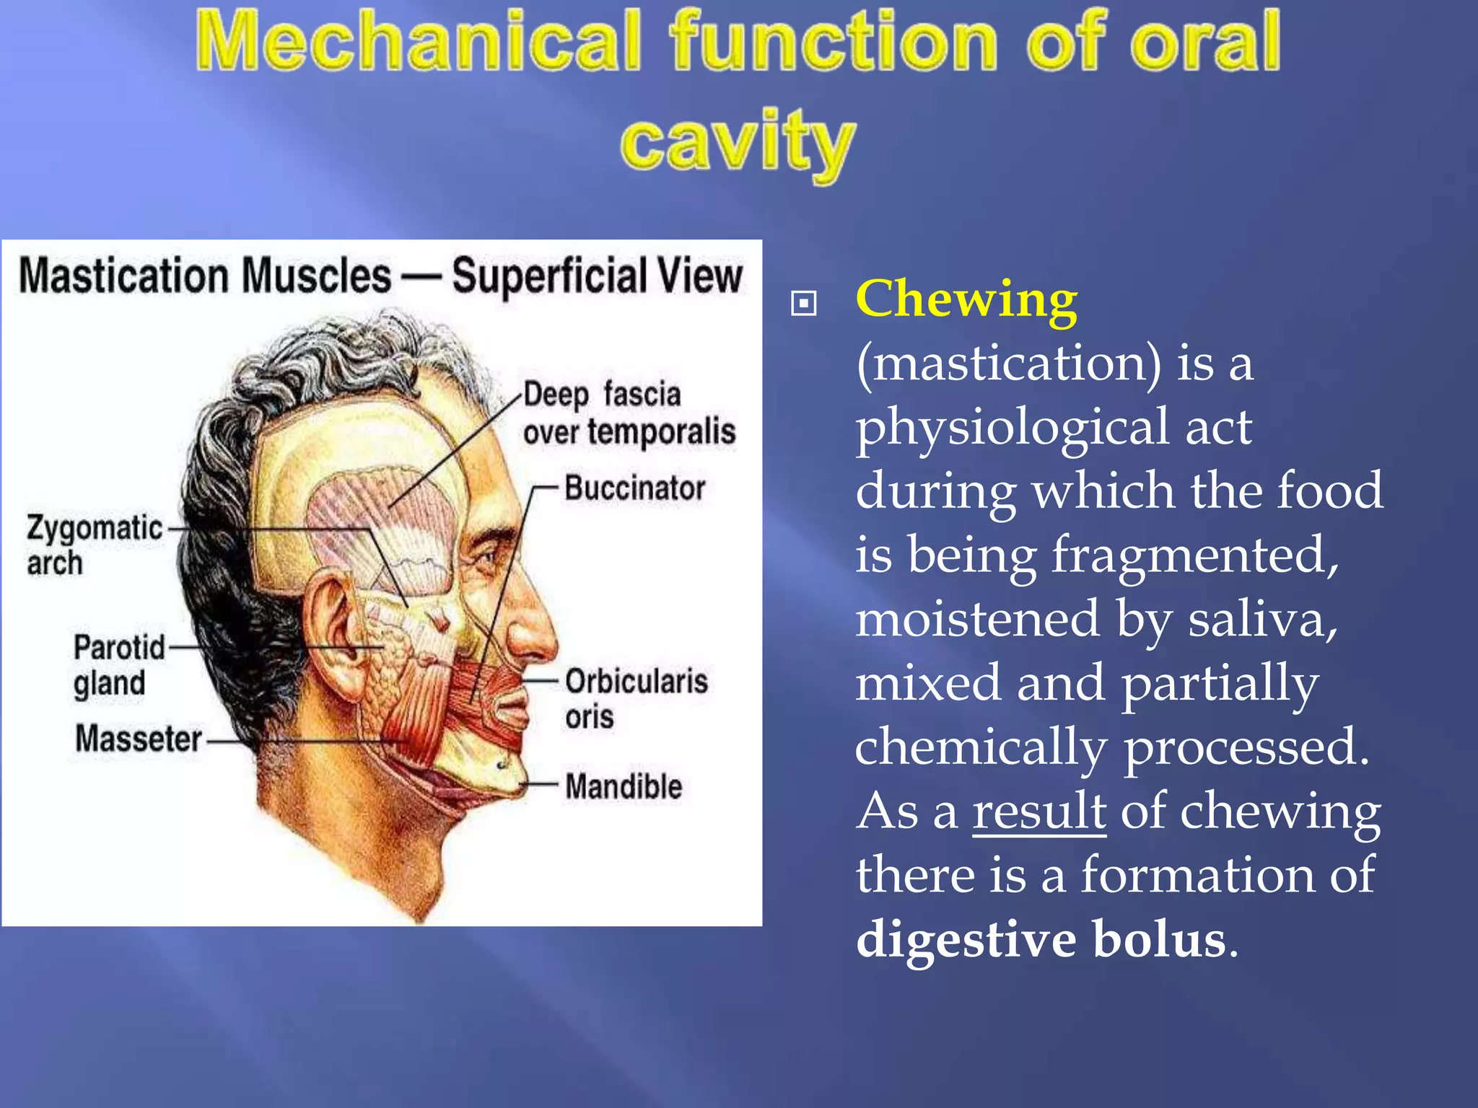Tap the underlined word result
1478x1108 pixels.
click(1038, 811)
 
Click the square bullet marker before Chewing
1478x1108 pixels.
click(803, 304)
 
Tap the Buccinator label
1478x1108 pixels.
click(634, 488)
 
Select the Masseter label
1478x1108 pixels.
click(139, 739)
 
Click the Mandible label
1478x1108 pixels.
click(624, 786)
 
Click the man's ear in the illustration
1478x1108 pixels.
click(331, 635)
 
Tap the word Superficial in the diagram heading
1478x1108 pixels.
click(548, 276)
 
